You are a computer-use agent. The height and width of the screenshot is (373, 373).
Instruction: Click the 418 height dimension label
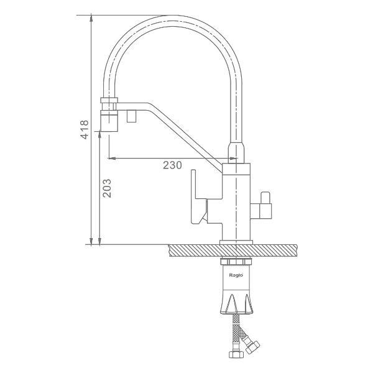point(85,130)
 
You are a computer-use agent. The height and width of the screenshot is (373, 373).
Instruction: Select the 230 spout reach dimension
point(172,165)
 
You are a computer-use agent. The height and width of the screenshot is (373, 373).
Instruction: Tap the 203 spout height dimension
point(107,188)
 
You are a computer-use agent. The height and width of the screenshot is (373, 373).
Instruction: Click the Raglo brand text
point(236,275)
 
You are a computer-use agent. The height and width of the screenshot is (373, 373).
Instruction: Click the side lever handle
point(199,196)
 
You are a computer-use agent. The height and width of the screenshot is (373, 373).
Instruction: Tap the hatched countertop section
point(233,251)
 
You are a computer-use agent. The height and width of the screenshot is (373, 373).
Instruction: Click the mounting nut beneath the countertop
point(236,262)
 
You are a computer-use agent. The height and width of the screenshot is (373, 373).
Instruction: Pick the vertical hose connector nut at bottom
point(236,354)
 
